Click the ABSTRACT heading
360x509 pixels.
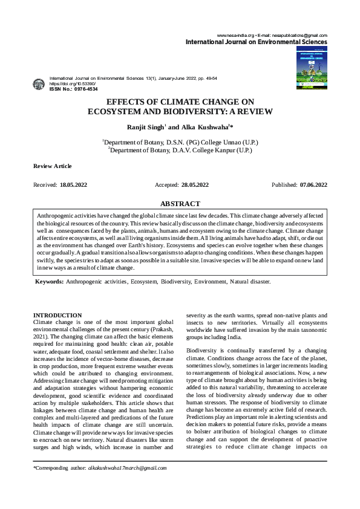point(180,205)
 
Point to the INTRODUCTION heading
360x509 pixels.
point(57,315)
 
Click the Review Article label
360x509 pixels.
point(52,166)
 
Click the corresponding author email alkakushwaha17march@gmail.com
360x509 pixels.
point(127,467)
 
